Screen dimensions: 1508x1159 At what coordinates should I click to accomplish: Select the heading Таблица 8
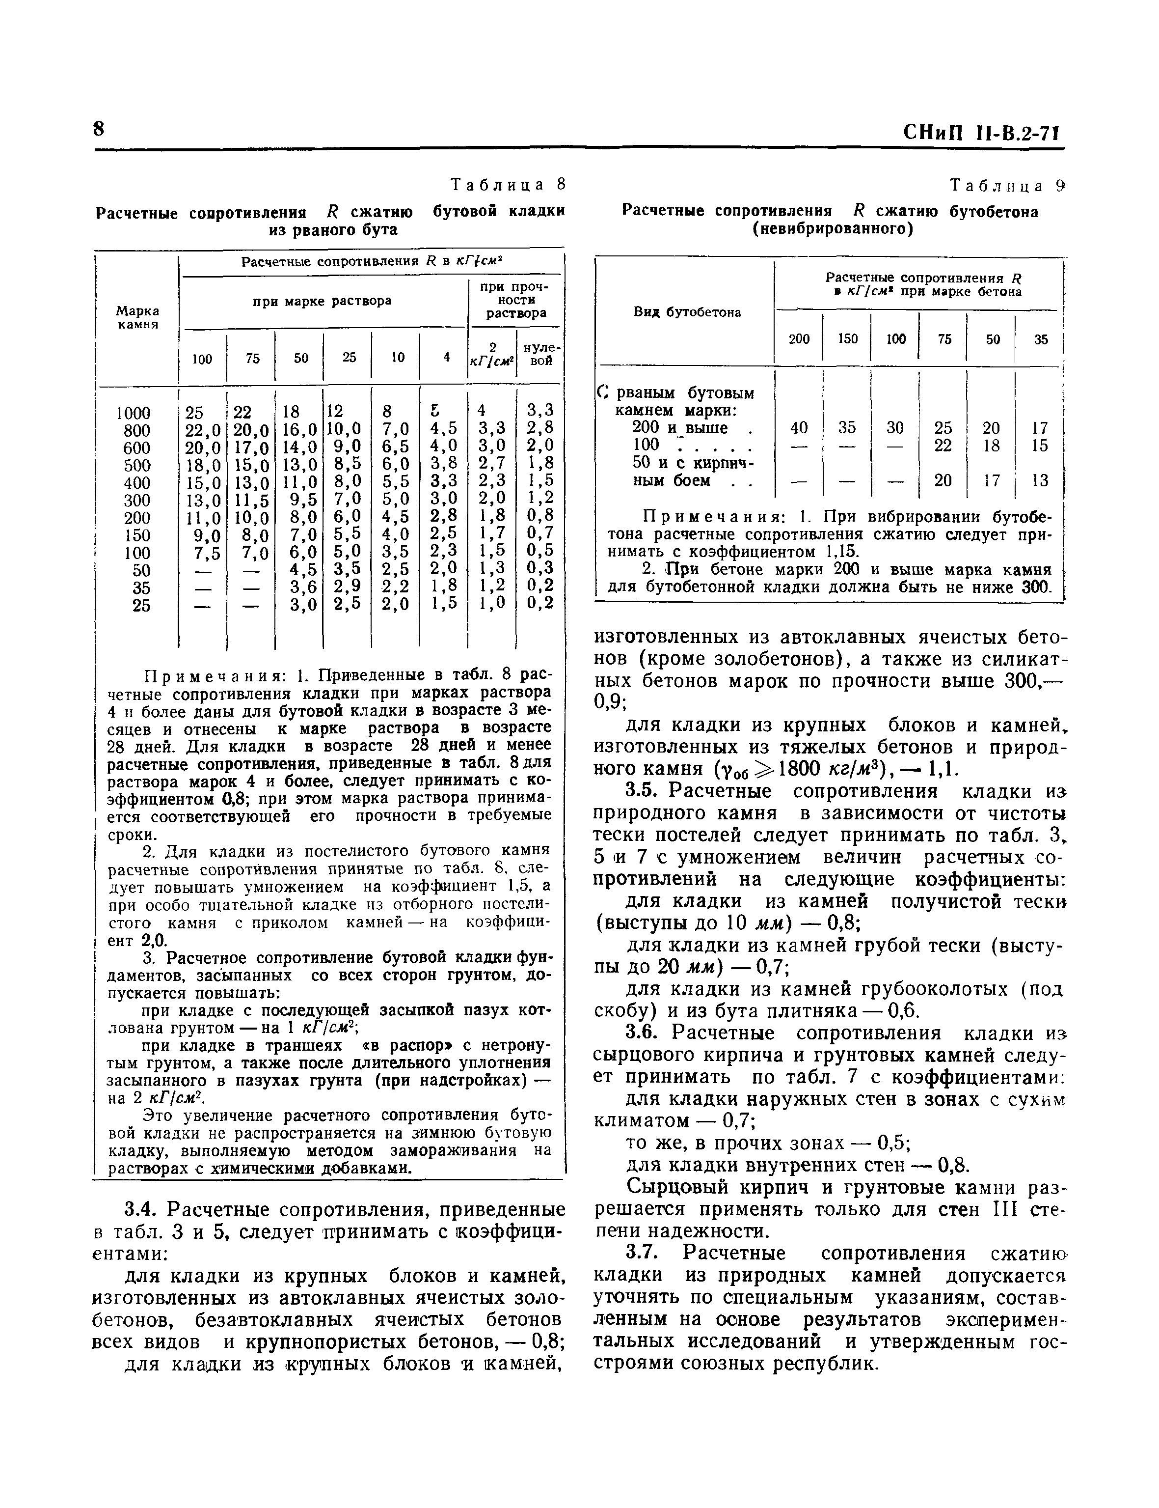508,184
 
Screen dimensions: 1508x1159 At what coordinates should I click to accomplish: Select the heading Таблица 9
1008,185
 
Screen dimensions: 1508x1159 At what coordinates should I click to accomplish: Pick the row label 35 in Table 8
141,588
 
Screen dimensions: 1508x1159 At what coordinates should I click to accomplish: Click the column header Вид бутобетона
687,312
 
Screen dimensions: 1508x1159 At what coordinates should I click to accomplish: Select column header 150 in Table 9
847,339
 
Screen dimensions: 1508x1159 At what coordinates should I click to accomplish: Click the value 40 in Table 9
799,428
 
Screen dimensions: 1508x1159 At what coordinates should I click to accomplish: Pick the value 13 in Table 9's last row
1040,480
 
